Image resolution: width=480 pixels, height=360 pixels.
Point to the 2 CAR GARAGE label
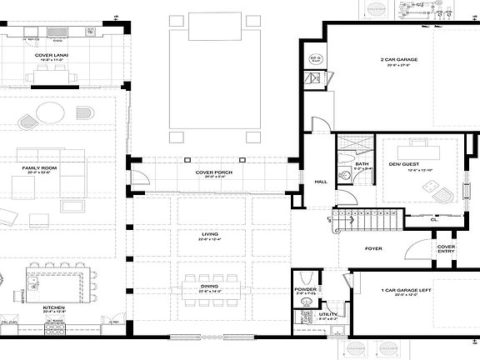(x=398, y=60)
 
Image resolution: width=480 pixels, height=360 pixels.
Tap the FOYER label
(x=373, y=247)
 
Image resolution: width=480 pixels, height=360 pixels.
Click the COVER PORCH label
(x=213, y=172)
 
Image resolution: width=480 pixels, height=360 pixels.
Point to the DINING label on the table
(x=209, y=287)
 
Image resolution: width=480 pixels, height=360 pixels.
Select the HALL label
(x=319, y=181)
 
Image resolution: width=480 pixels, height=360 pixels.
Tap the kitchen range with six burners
(x=54, y=328)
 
